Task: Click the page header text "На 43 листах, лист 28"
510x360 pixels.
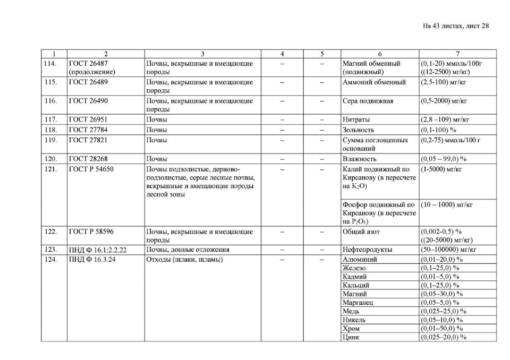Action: pos(455,26)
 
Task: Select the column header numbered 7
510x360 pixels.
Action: pos(457,54)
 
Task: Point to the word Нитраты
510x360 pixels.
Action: pos(356,119)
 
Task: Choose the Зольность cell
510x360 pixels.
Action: pos(359,130)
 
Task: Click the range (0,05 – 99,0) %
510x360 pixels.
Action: pos(443,159)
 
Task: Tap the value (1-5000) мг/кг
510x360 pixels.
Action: pos(441,169)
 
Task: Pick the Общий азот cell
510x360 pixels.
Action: pos(362,232)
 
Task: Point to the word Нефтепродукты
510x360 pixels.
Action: pos(368,250)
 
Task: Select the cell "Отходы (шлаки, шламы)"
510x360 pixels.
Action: pos(184,260)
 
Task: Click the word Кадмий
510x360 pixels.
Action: pos(354,277)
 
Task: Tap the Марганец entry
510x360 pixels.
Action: pos(357,303)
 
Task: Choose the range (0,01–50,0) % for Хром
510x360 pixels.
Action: pos(441,329)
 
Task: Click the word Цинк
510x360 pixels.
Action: pos(351,337)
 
